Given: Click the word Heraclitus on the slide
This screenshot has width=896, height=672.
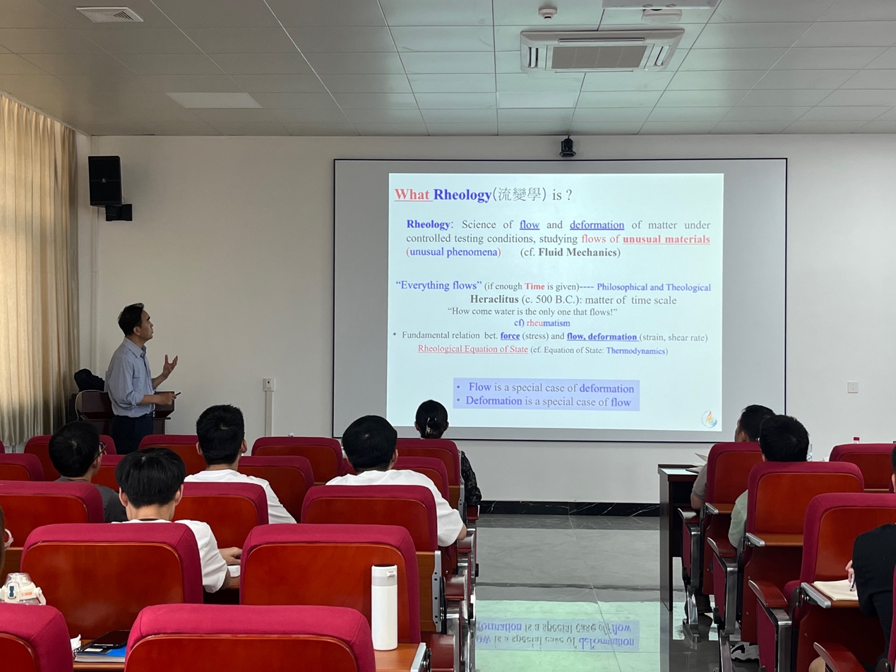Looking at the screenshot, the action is coord(494,299).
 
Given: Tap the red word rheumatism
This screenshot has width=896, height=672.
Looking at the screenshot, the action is coord(548,323).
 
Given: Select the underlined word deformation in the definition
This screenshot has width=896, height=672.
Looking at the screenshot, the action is coord(597,224).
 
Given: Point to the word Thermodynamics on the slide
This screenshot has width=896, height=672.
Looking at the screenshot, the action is coord(635,351).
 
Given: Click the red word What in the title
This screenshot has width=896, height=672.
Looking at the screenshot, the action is coord(412,195).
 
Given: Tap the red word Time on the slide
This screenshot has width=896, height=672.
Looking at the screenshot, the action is coord(534,287).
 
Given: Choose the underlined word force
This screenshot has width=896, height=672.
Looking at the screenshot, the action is coord(510,336).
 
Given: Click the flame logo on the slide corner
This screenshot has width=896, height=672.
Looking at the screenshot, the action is coord(709,419).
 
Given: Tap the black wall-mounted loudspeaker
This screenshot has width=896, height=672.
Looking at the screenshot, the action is coord(105,180).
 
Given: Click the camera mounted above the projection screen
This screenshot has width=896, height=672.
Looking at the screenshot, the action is coord(567,147).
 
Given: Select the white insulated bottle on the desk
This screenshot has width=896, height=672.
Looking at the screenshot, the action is coord(384,607).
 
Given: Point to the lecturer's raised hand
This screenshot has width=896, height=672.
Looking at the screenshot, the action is coord(169,365).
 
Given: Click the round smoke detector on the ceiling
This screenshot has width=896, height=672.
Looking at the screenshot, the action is coord(547,12).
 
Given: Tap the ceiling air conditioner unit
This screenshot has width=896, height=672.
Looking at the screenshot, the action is coord(602,52).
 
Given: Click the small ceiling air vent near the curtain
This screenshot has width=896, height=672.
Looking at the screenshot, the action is coord(109,14).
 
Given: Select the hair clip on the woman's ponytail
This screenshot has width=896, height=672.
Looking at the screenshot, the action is coord(429,430).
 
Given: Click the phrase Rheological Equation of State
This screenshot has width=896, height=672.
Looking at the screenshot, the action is coord(472,349).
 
